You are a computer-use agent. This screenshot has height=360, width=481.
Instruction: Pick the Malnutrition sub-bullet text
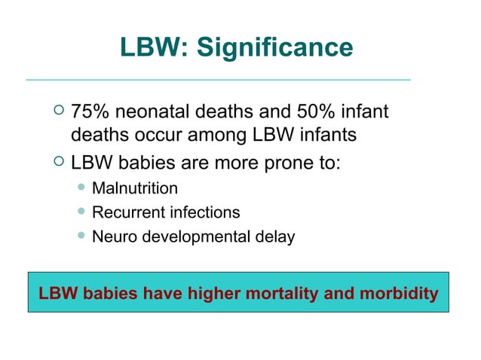(135, 188)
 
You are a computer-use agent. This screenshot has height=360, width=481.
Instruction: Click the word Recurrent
(125, 212)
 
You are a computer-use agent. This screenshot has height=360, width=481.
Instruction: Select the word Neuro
(111, 236)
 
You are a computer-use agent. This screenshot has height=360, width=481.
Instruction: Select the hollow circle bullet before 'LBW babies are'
(60, 162)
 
